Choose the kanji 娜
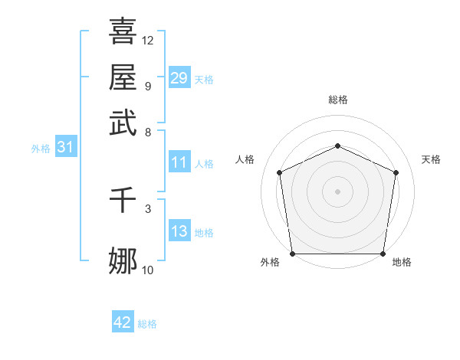point(123,261)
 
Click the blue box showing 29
point(179,78)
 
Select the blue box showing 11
point(179,162)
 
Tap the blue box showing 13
point(179,231)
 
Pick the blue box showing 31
point(65,148)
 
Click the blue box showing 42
point(123,322)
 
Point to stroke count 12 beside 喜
point(148,40)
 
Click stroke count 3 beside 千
point(148,208)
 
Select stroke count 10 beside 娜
point(148,270)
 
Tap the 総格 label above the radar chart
point(337,100)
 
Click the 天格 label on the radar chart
point(431,159)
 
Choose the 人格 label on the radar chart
point(245,159)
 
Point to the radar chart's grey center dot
point(337,191)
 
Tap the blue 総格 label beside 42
point(147,324)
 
